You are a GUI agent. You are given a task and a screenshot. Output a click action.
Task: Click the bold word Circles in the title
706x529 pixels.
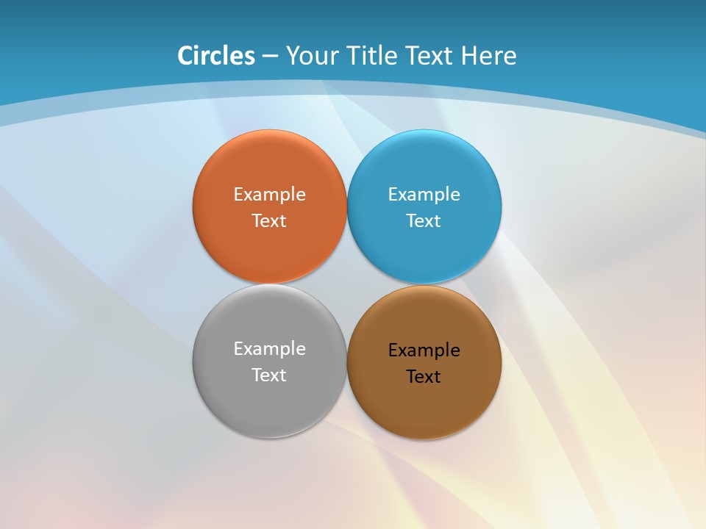pyautogui.click(x=216, y=56)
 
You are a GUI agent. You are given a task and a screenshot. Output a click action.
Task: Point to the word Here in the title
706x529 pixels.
pyautogui.click(x=489, y=56)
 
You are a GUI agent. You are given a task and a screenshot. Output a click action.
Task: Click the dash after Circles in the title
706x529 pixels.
pyautogui.click(x=270, y=57)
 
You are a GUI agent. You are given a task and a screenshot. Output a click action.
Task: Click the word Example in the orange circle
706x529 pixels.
pyautogui.click(x=269, y=195)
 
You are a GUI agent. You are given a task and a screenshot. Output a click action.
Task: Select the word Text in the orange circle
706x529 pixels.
pyautogui.click(x=269, y=221)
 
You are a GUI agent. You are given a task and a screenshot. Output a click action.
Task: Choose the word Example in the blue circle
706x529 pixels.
pyautogui.click(x=424, y=195)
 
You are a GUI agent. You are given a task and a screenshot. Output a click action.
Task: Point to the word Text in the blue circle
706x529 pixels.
pyautogui.click(x=424, y=221)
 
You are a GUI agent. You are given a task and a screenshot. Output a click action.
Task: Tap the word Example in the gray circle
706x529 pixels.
pyautogui.click(x=269, y=349)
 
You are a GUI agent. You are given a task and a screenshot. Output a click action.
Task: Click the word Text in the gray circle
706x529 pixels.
pyautogui.click(x=269, y=375)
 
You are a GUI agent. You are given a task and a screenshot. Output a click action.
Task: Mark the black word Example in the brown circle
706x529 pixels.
pyautogui.click(x=424, y=350)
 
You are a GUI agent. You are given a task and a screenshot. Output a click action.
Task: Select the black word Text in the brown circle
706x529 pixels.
pyautogui.click(x=424, y=377)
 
